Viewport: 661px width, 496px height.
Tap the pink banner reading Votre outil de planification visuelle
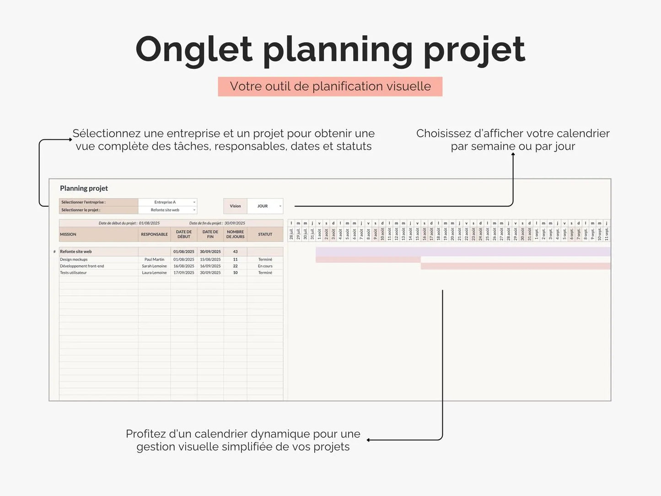330,86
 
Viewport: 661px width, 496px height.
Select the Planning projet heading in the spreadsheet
84,188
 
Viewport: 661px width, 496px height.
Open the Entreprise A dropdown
167,202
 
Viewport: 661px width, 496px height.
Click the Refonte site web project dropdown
167,210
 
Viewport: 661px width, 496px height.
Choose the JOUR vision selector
265,206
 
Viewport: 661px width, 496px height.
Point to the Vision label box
235,206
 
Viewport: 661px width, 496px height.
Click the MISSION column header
68,234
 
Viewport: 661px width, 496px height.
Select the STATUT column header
265,234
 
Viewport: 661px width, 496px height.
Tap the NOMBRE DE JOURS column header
235,234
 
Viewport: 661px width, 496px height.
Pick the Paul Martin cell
154,259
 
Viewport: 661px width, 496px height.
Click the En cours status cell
265,266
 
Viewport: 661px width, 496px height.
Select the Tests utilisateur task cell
73,273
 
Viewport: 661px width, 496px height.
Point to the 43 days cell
235,252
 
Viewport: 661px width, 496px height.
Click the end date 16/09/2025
210,266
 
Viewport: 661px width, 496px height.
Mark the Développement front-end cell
82,266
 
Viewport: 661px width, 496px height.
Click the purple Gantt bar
462,252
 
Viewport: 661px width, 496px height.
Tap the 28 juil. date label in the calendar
291,234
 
